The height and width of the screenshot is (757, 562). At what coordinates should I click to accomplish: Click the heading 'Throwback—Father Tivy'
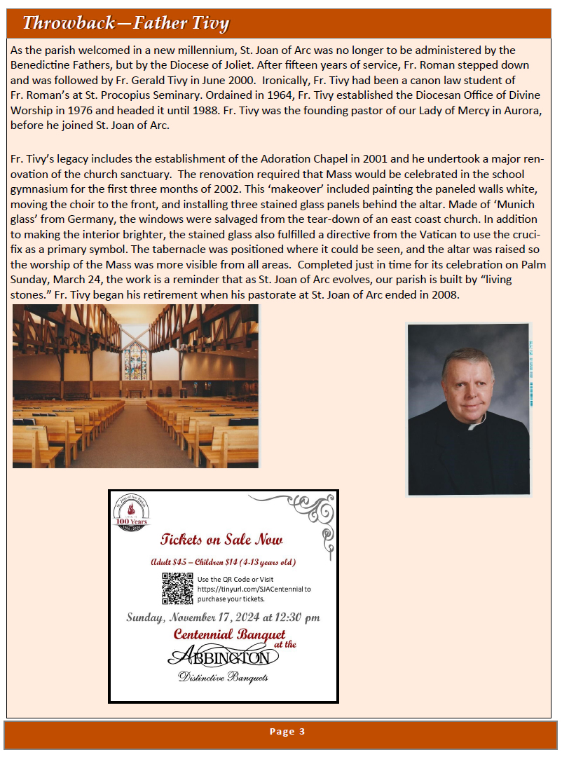coord(125,23)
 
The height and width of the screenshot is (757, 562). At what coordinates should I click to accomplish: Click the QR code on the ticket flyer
coord(177,588)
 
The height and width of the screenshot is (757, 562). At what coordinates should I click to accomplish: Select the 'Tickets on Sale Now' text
coord(221,539)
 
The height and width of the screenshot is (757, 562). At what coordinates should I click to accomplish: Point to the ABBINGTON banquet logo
coord(223,657)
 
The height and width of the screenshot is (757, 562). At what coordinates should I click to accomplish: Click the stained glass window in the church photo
coord(136,361)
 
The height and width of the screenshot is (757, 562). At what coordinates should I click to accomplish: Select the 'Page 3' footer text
coord(287,732)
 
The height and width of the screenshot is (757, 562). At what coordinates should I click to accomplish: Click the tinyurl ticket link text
coord(254,589)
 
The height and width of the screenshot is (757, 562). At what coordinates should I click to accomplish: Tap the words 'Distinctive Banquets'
coord(223,677)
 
